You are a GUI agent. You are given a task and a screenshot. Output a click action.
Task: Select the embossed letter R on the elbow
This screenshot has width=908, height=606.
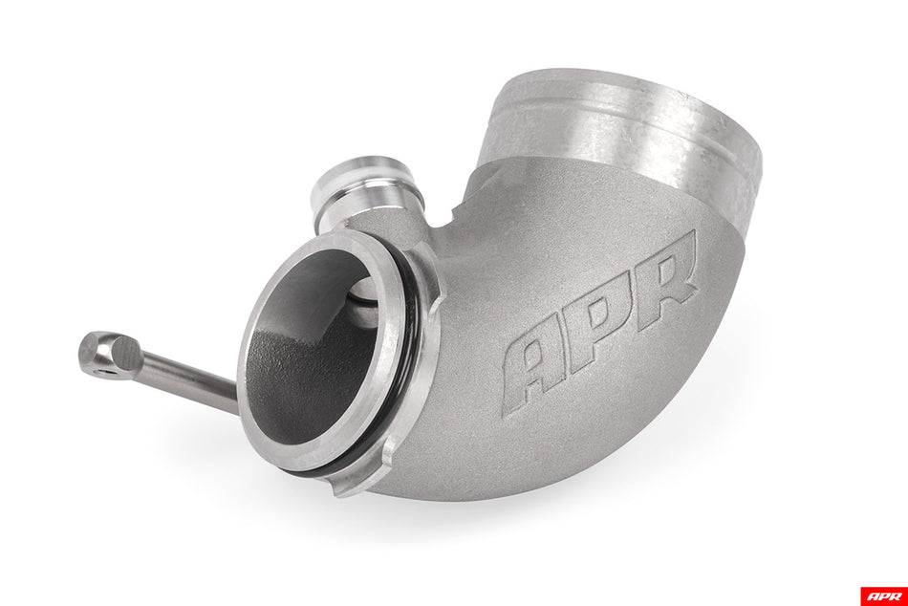(666, 276)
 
